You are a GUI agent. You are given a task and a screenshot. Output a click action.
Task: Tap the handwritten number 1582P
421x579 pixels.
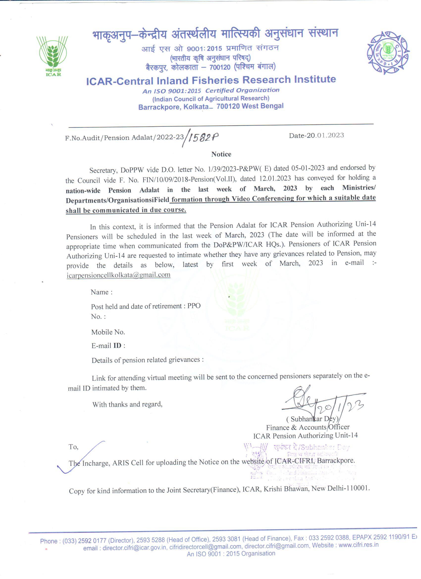(x=203, y=138)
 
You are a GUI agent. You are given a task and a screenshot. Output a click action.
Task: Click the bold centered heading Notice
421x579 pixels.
(x=221, y=154)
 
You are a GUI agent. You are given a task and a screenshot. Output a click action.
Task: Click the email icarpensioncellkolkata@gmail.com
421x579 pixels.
(x=118, y=275)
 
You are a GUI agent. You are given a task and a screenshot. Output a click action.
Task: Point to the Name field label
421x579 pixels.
(x=101, y=292)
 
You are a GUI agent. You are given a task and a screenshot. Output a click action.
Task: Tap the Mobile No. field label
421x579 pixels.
(x=108, y=332)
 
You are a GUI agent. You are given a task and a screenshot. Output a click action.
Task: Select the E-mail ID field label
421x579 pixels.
(x=108, y=346)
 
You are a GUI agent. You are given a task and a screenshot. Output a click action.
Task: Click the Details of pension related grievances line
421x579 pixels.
(x=148, y=360)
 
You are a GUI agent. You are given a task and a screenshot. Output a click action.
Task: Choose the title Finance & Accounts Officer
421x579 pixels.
(x=308, y=427)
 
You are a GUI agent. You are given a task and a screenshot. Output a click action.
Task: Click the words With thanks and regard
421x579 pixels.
(x=127, y=404)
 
